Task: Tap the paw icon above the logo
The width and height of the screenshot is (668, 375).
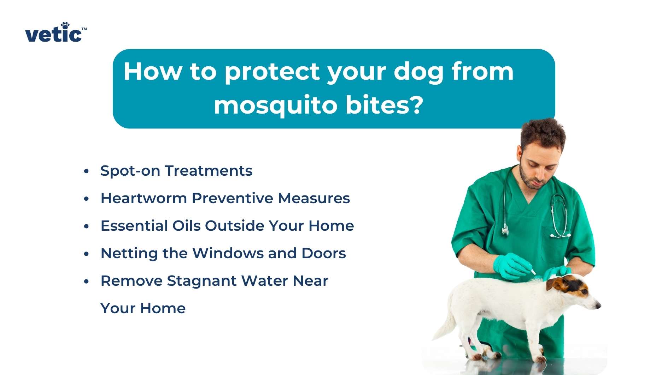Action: tap(65, 25)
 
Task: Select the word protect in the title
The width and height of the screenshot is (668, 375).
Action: tap(272, 72)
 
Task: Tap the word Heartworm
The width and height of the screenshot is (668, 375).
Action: tap(143, 198)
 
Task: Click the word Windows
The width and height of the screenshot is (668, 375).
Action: tap(244, 253)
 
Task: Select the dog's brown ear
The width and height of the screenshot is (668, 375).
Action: tap(552, 283)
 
